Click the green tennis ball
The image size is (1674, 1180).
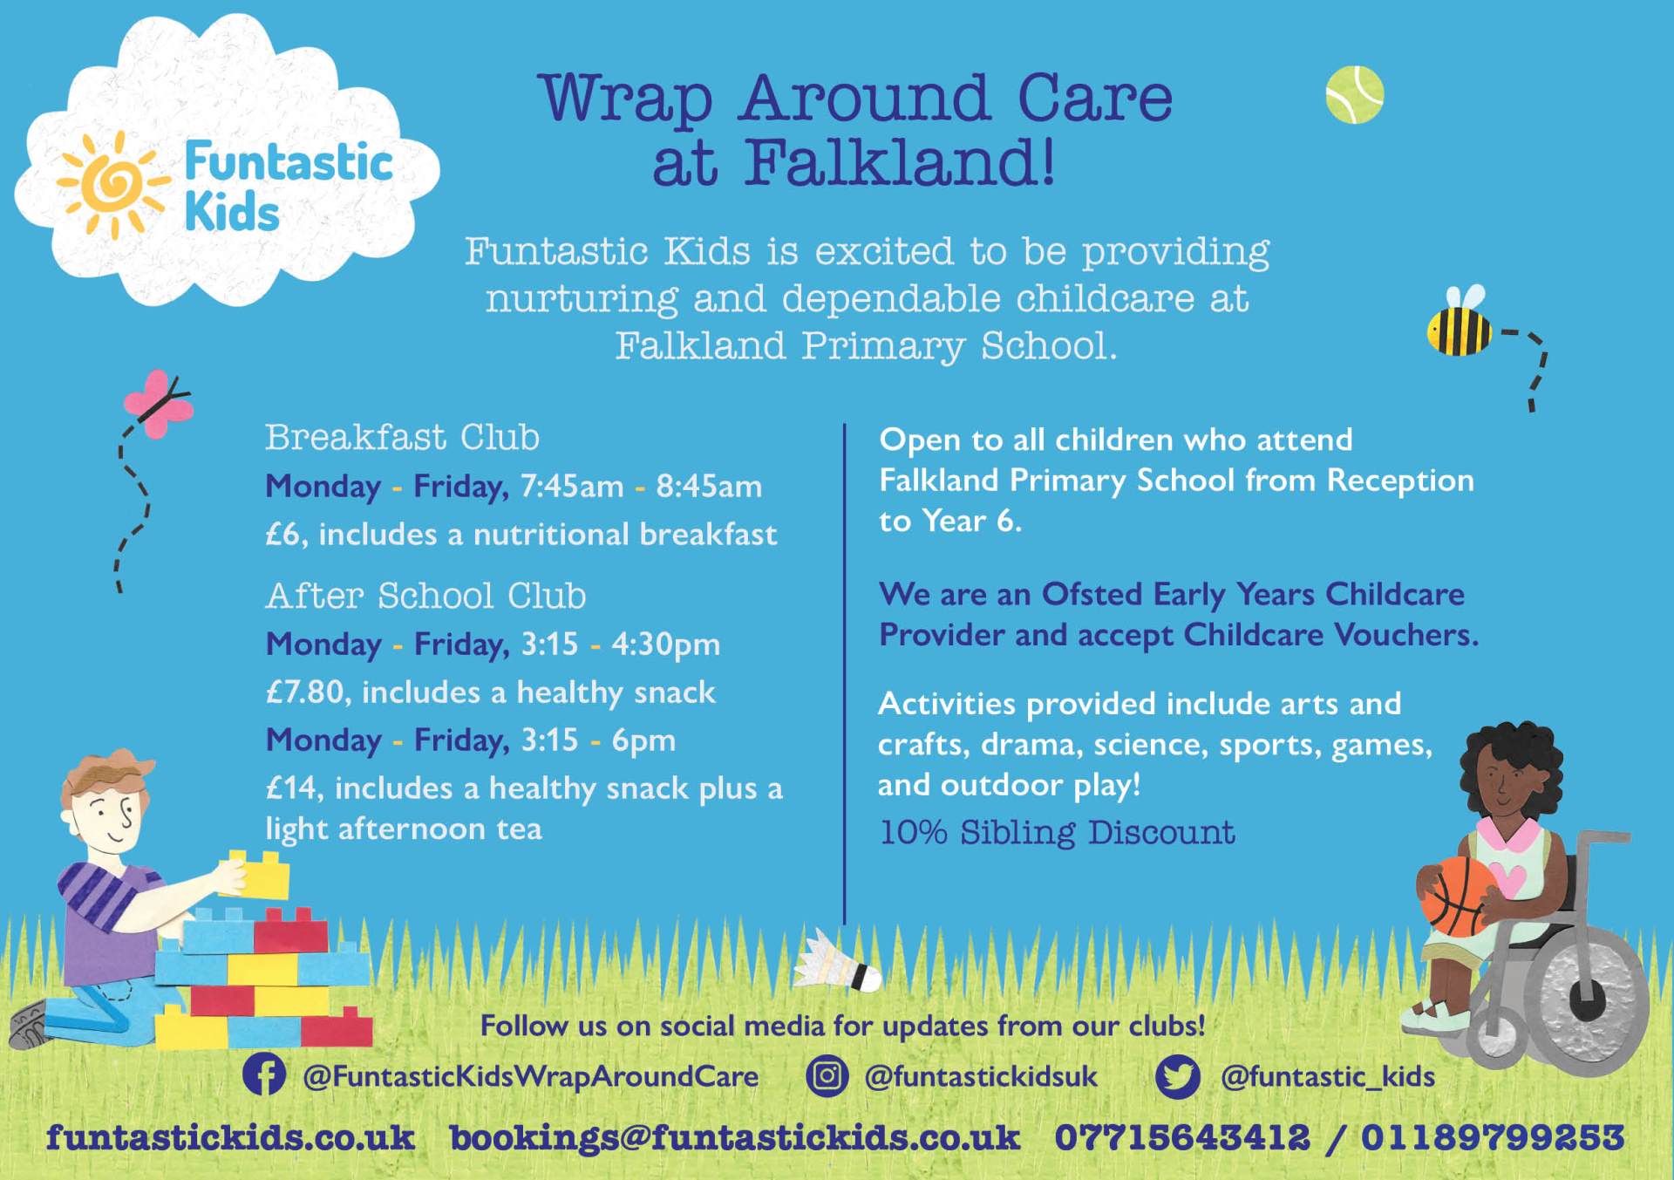pyautogui.click(x=1354, y=94)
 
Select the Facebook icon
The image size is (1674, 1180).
pyautogui.click(x=264, y=1074)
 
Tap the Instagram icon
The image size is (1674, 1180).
pyautogui.click(x=827, y=1075)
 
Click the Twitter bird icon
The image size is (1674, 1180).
pyautogui.click(x=1178, y=1076)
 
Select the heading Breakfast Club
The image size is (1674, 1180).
pyautogui.click(x=402, y=437)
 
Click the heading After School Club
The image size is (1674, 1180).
pyautogui.click(x=425, y=596)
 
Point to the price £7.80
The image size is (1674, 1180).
pyautogui.click(x=305, y=692)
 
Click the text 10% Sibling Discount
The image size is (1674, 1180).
pyautogui.click(x=1057, y=833)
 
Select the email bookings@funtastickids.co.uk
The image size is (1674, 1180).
pyautogui.click(x=734, y=1138)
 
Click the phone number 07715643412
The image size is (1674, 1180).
pyautogui.click(x=1181, y=1137)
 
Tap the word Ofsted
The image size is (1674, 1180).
pyautogui.click(x=1092, y=594)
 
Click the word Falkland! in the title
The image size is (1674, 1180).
pyautogui.click(x=899, y=163)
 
